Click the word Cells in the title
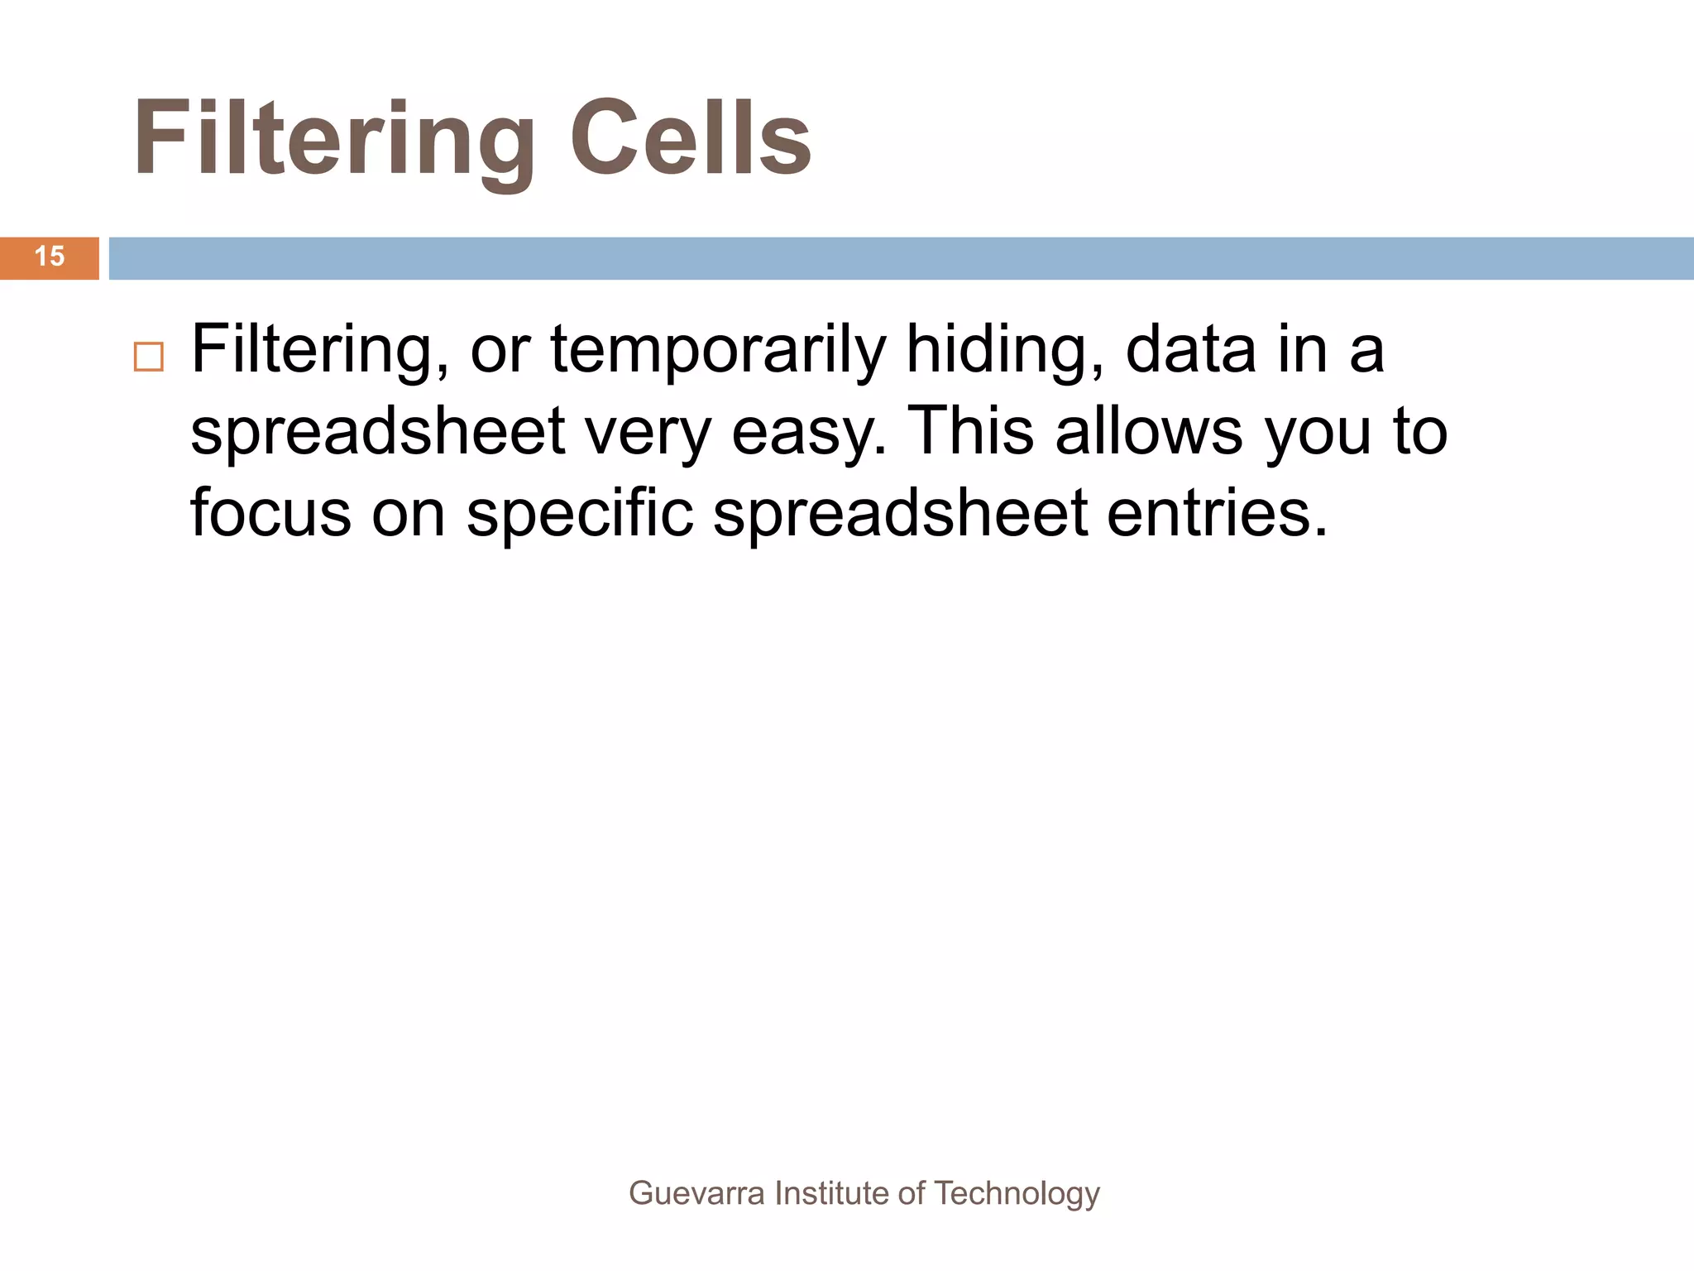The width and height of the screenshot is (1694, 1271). (691, 139)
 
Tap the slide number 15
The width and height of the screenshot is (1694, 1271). (50, 257)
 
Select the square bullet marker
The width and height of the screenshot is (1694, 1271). (149, 357)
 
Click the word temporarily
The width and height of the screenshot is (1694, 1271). (717, 351)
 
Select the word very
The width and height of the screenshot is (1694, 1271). (648, 434)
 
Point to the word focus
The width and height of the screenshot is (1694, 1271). (271, 513)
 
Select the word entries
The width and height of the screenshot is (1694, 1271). (1217, 513)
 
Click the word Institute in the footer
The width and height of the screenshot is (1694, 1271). (831, 1193)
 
